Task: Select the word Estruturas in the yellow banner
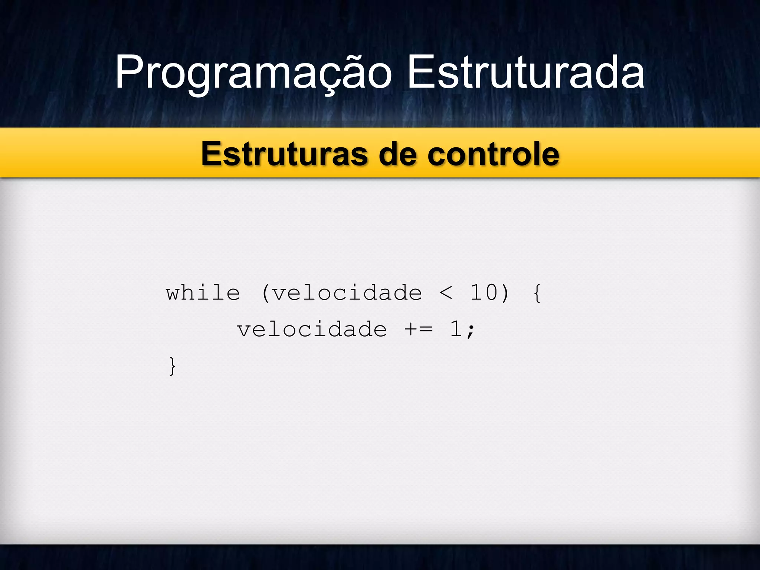[284, 154]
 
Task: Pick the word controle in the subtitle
[493, 154]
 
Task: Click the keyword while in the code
[203, 293]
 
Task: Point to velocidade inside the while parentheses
[347, 293]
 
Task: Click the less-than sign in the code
[446, 293]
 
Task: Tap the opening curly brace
[537, 293]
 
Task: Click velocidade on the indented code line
[312, 330]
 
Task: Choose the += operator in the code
[419, 330]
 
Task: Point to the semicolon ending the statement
[471, 330]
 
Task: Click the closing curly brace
[172, 366]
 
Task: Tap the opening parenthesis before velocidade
[265, 293]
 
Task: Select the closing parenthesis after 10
[504, 293]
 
